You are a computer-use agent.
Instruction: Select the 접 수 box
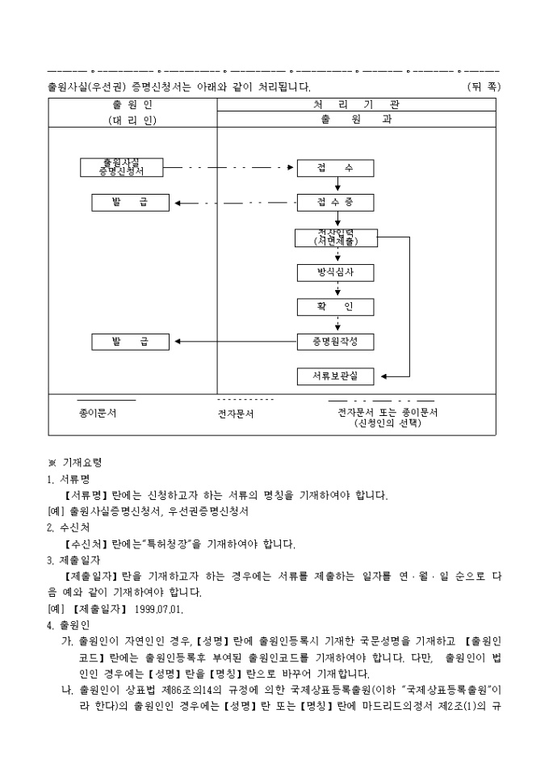coord(335,168)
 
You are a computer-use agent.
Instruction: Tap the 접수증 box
coord(335,202)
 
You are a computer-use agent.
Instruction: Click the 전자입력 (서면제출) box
coord(335,237)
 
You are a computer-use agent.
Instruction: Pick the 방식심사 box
coord(335,272)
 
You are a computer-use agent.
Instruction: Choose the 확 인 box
coord(335,307)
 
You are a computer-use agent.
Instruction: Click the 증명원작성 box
coord(335,342)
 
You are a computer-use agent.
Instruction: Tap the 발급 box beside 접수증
coord(131,202)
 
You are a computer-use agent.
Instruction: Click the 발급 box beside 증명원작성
coord(131,342)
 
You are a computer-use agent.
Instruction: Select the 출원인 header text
coord(132,104)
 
